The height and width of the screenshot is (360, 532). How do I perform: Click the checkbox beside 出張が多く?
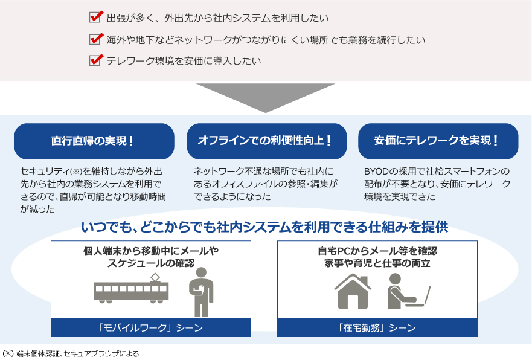[95, 17]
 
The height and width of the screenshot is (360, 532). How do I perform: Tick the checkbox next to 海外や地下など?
[95, 39]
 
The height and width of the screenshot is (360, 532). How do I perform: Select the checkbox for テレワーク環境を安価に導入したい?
[95, 60]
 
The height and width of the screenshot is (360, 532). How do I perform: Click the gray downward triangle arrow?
[266, 96]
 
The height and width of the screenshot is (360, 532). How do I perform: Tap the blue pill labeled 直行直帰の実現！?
[94, 141]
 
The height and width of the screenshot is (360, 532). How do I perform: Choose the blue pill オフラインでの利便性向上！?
[267, 141]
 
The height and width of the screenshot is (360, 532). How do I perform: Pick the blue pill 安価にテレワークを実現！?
[438, 141]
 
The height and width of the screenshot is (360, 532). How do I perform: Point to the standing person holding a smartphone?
[201, 292]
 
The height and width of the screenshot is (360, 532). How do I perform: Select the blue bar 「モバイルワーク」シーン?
[151, 327]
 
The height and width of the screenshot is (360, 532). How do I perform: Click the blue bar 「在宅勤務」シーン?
[377, 327]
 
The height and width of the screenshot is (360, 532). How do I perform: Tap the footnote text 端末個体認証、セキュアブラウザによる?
[78, 353]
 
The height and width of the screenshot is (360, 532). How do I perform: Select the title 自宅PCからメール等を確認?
[377, 251]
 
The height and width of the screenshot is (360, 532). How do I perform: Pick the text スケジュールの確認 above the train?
[151, 263]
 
